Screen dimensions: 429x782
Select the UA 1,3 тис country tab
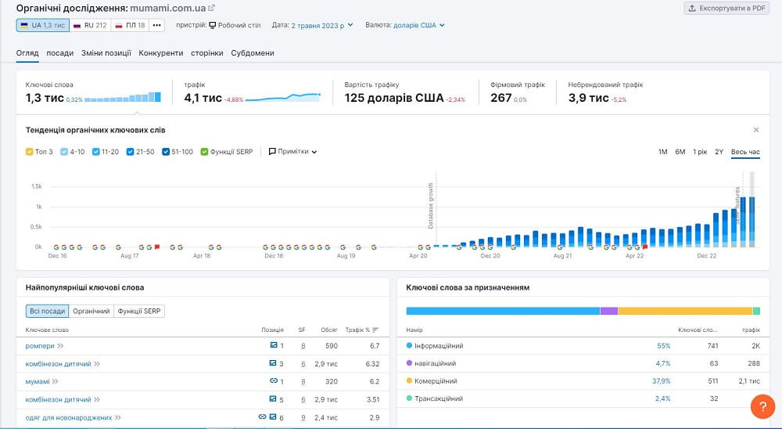[x=42, y=25]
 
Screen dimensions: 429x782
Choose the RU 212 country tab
[x=90, y=25]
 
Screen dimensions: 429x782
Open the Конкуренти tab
[x=161, y=53]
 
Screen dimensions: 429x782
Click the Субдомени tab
[x=253, y=53]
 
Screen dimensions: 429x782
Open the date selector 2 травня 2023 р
[x=321, y=25]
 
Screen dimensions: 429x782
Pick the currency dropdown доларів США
[x=418, y=25]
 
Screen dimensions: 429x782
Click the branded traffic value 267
[x=500, y=98]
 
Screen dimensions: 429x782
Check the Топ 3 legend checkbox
[x=30, y=151]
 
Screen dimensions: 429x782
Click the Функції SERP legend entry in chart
[x=205, y=151]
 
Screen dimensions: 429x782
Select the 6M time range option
[x=680, y=151]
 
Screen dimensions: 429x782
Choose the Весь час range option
[x=745, y=151]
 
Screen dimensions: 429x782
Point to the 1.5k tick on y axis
[x=36, y=186]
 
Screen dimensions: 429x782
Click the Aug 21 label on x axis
[x=561, y=255]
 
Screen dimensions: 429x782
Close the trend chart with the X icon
[x=756, y=130]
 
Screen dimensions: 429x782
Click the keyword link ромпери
[x=39, y=345]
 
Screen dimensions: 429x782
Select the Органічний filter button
[x=91, y=311]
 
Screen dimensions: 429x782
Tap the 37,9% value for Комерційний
[x=662, y=381]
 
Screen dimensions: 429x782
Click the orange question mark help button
[x=762, y=406]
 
